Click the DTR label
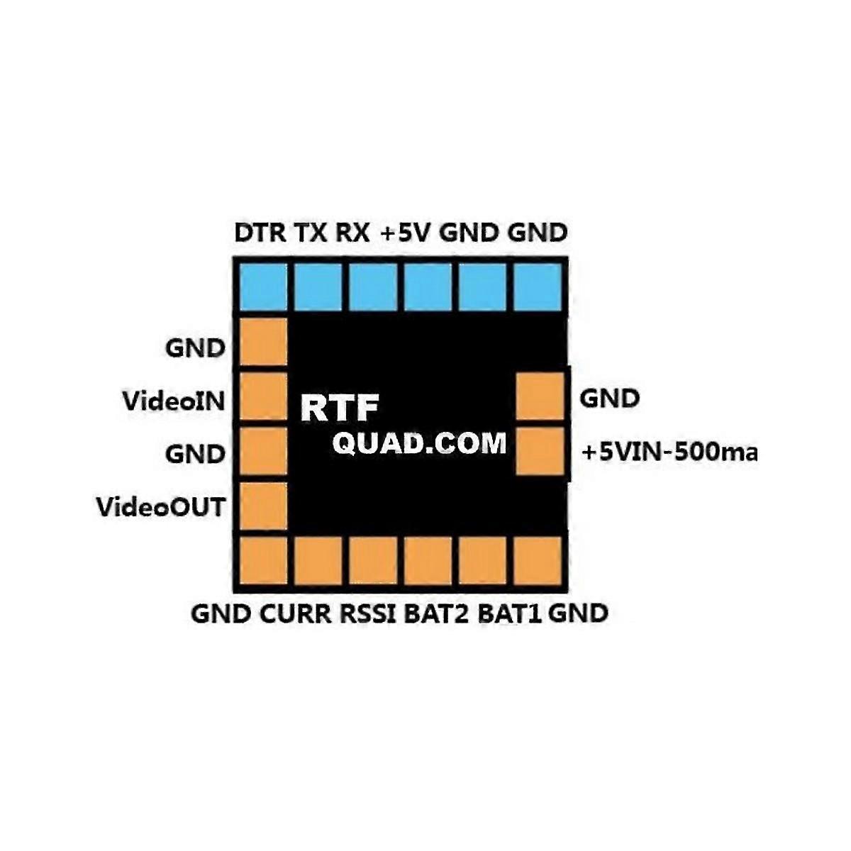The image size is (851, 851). pos(260,233)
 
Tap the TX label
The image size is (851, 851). pos(310,233)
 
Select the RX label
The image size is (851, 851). pos(352,233)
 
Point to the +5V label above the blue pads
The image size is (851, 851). pos(406,233)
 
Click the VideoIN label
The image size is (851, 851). pos(174,401)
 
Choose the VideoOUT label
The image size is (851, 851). pos(161,507)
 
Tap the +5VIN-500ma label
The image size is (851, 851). pos(669,452)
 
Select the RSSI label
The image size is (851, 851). pos(368,613)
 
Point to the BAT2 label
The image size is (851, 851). pos(437,613)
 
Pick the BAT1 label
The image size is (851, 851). pos(510,613)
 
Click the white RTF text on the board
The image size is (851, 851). pos(340,408)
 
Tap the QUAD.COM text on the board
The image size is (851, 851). pos(420,443)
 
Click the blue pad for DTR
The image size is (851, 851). pos(262,287)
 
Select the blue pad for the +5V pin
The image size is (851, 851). pos(428,287)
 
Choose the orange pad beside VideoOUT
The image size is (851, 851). pos(264,506)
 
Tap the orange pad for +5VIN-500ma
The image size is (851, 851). pos(540,451)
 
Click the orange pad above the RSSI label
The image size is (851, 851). pos(373,560)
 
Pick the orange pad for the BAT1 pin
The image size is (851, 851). pos(484,560)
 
